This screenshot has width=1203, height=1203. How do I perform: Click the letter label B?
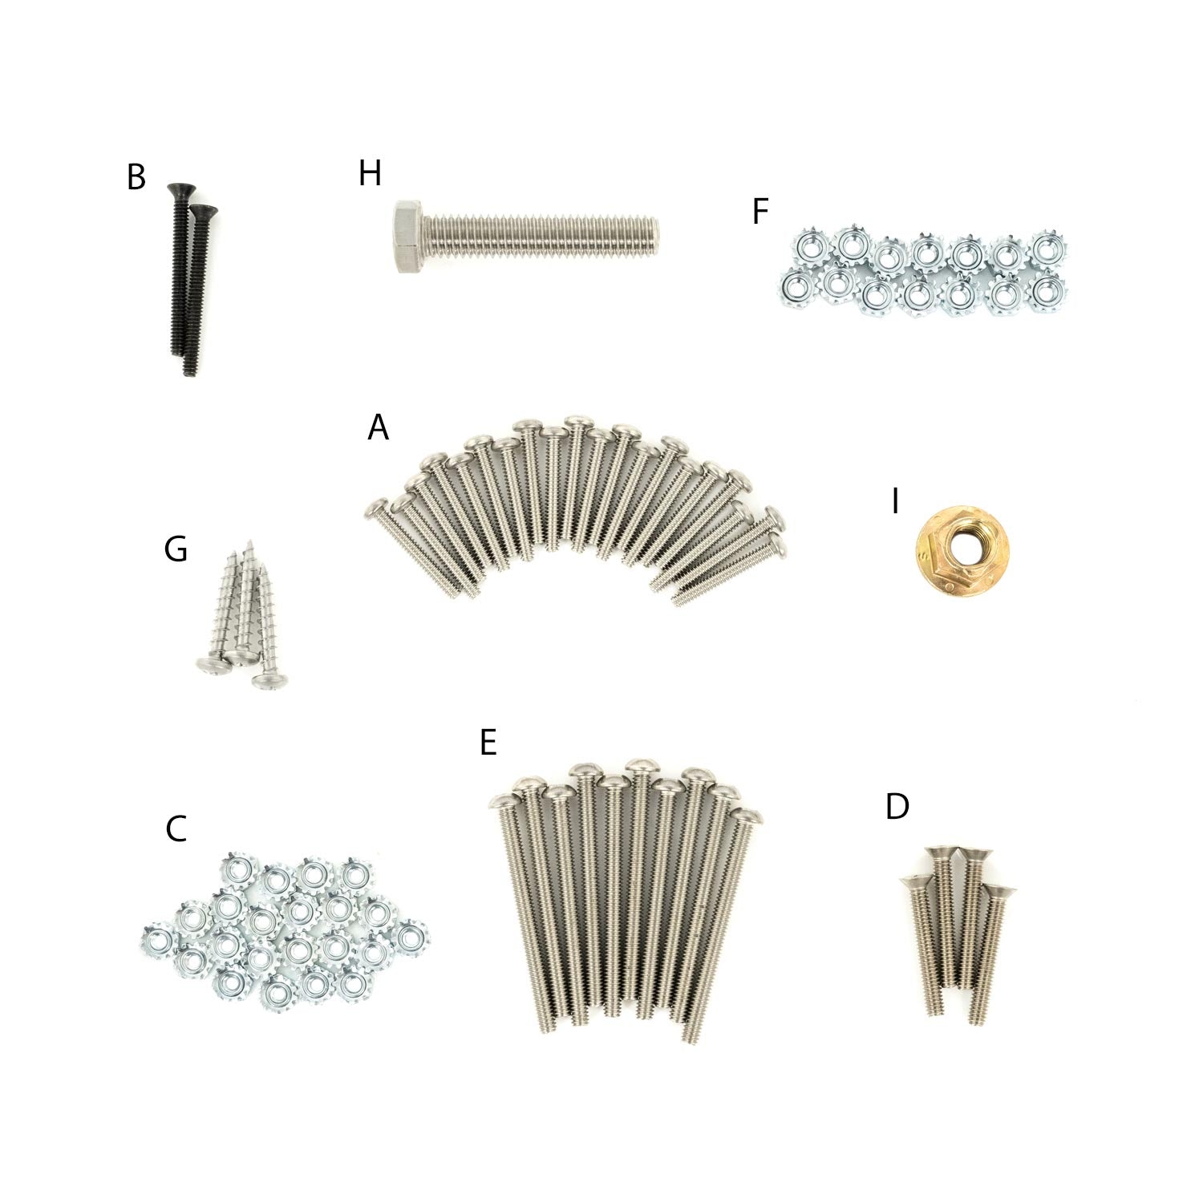point(136,178)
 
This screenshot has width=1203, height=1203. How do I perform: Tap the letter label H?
point(370,172)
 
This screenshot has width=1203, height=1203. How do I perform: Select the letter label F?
point(760,212)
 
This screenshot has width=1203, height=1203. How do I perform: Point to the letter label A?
point(378,427)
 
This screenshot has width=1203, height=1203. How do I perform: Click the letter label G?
point(176,549)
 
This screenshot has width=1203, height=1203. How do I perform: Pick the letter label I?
point(895,502)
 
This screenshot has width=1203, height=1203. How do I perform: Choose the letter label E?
point(488,743)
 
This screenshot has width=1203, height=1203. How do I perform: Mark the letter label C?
point(176,829)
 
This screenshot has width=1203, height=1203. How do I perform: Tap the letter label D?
point(897,807)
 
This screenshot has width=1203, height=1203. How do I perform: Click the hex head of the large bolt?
point(410,237)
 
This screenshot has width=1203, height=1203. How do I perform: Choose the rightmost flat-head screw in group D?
point(997,892)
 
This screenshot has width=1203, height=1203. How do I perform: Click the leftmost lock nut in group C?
point(158,941)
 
